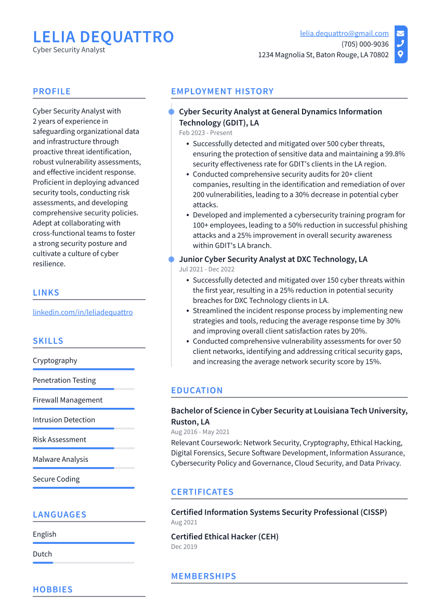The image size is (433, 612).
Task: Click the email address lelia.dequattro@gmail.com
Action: (344, 33)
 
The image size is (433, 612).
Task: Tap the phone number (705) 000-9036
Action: (365, 44)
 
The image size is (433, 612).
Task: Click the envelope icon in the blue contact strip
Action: (400, 33)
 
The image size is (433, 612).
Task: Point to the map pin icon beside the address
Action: (400, 55)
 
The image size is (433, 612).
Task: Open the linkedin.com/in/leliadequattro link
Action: (83, 312)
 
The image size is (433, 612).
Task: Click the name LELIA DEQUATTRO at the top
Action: (103, 37)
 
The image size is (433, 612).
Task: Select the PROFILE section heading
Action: (51, 91)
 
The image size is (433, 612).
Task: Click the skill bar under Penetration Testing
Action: (83, 389)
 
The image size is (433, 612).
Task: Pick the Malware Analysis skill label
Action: (60, 459)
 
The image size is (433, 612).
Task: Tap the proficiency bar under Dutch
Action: (83, 562)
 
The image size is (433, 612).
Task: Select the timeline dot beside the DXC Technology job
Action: (171, 259)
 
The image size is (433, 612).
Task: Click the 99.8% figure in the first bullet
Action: (393, 154)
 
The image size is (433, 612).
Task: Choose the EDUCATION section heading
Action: (196, 391)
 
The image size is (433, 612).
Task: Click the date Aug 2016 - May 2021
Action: (200, 432)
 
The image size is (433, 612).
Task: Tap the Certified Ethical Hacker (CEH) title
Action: (225, 537)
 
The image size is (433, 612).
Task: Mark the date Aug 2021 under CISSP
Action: (184, 522)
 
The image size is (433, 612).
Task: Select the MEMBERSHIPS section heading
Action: (203, 576)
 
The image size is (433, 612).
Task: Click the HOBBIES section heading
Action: (53, 590)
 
